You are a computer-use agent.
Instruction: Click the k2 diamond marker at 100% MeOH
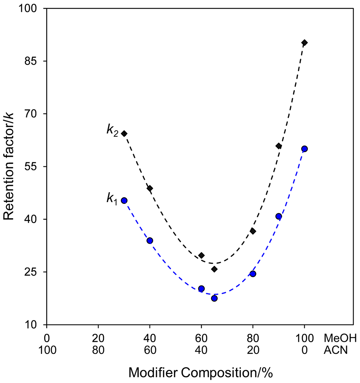[304, 43]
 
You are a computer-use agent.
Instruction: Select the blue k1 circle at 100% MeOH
[304, 148]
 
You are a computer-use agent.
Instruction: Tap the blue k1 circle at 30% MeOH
[124, 200]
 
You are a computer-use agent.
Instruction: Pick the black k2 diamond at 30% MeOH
[124, 134]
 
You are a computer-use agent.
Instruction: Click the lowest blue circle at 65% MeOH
[214, 298]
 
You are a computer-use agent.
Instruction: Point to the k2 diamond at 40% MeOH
[150, 188]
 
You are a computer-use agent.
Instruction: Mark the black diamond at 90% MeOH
[279, 146]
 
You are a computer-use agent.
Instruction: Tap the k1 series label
[112, 199]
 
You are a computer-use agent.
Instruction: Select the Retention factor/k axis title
[9, 166]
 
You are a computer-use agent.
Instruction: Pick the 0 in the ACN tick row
[304, 351]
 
